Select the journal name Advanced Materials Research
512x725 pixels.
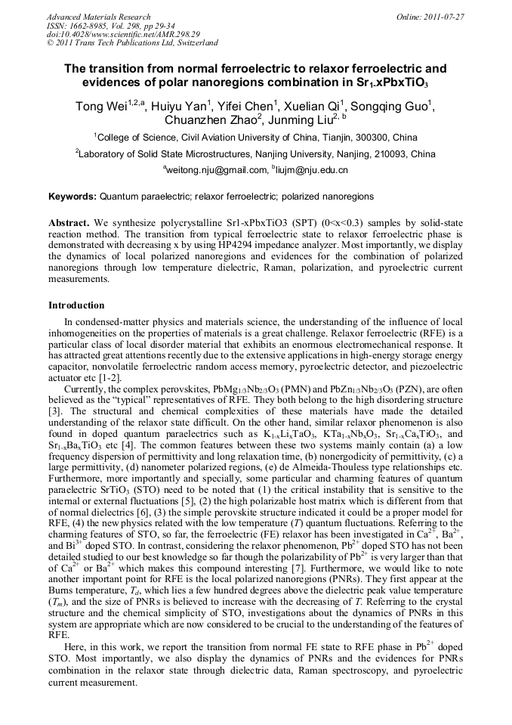pyautogui.click(x=98, y=16)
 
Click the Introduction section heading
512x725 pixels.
pyautogui.click(x=76, y=305)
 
